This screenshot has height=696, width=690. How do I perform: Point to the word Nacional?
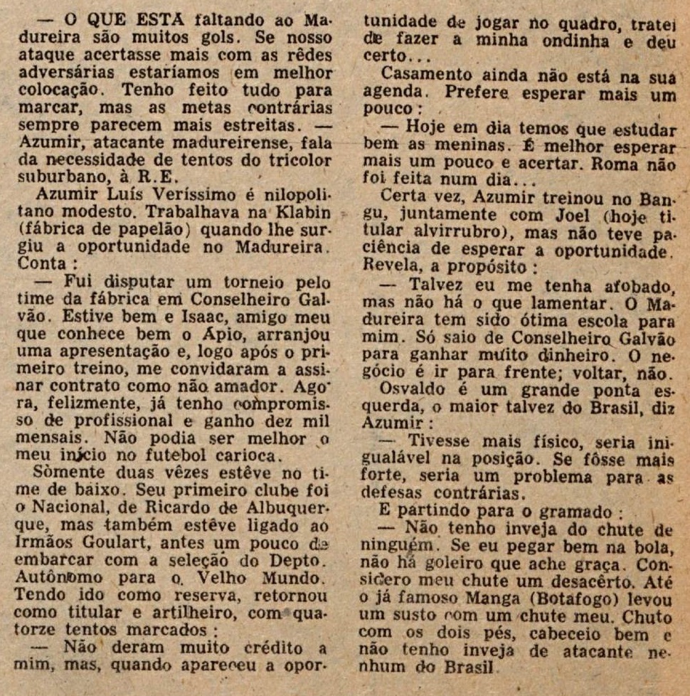(x=71, y=508)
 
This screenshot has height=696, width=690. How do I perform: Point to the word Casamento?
(x=427, y=73)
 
